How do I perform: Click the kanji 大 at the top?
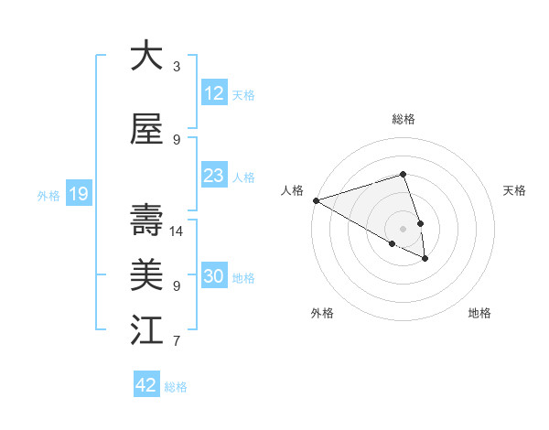pos(146,56)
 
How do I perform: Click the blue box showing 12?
pos(213,93)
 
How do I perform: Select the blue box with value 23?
pos(213,176)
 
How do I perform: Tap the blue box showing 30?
pos(213,276)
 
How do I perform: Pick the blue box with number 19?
pos(78,194)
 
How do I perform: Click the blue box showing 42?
pos(146,385)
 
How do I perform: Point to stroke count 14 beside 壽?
pos(178,231)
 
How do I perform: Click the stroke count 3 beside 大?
pos(177,67)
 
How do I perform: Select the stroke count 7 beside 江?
pos(177,341)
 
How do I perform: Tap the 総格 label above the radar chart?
pos(403,119)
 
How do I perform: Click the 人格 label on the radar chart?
pos(293,190)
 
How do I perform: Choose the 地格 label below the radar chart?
pos(479,313)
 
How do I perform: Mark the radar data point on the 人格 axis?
pos(316,200)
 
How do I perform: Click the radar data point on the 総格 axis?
pos(403,174)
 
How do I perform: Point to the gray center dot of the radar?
pos(403,229)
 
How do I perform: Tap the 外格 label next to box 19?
pos(48,195)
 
